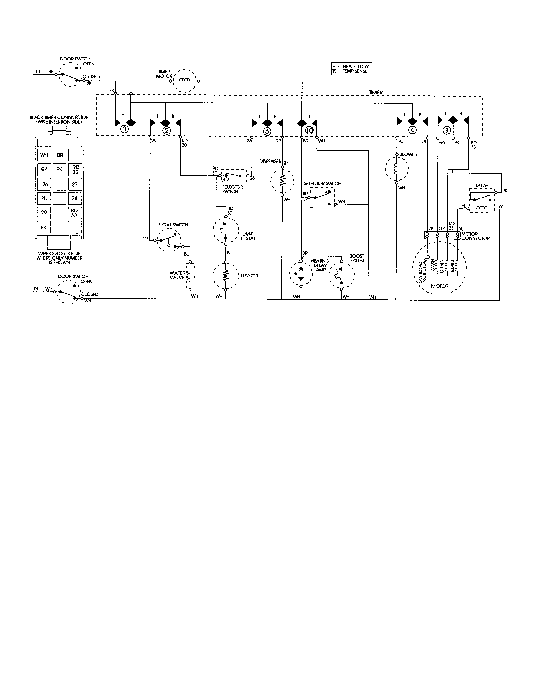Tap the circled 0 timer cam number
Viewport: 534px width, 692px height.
tap(125, 130)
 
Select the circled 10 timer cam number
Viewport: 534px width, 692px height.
tap(309, 130)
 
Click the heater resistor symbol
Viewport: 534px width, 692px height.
tap(225, 276)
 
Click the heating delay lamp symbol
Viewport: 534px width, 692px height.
tap(301, 273)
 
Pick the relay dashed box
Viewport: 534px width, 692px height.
tap(482, 201)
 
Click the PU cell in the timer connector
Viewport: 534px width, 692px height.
tap(44, 198)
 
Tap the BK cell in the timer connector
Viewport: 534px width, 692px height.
tap(44, 227)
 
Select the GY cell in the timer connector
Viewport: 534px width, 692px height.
tap(44, 169)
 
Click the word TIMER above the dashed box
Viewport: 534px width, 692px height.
tap(376, 92)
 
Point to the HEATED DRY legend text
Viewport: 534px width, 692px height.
tap(355, 67)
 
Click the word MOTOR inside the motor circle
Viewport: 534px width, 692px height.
tap(440, 286)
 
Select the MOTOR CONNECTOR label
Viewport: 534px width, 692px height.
tap(475, 236)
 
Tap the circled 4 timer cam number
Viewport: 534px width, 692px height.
tap(412, 130)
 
